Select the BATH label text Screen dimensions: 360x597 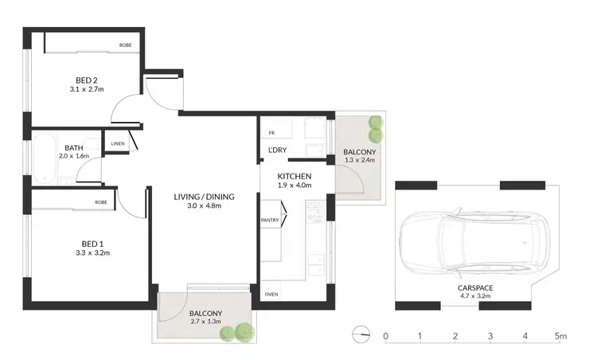(74, 147)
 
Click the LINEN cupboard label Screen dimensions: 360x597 (117, 143)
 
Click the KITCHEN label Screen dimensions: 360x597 (294, 175)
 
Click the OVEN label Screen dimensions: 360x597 (271, 293)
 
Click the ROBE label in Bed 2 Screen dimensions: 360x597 (126, 45)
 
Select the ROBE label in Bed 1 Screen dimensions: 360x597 (101, 202)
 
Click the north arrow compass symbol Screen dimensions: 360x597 (362, 335)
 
